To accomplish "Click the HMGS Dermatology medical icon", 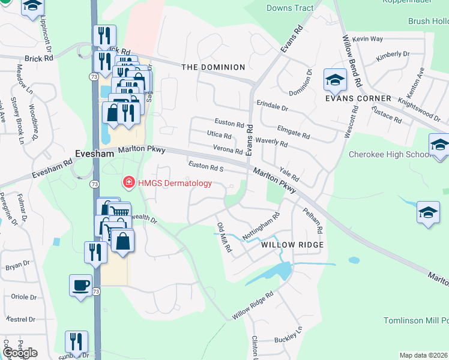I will tap(128, 182).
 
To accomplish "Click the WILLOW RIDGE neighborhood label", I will tap(292, 245).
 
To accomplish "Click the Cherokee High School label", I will tap(390, 154).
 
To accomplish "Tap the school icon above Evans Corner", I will tap(335, 79).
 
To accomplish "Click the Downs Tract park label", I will tap(290, 8).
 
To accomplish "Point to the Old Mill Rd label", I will tap(224, 238).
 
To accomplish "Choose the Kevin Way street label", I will tap(368, 39).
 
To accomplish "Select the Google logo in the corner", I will tap(19, 353).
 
